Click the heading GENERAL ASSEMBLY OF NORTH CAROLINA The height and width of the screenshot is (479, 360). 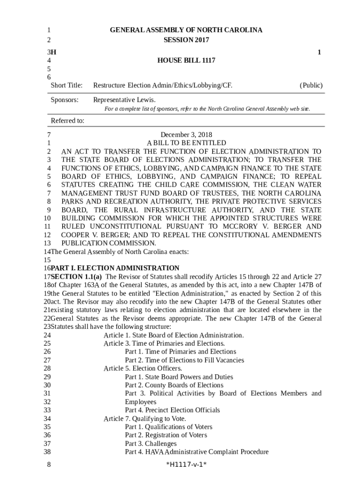pyautogui.click(x=186, y=30)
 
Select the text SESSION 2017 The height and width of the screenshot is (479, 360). pyautogui.click(x=186, y=40)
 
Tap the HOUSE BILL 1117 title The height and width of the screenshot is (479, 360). pyautogui.click(x=186, y=61)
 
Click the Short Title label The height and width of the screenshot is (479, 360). pyautogui.click(x=66, y=85)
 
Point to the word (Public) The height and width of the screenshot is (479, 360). pyautogui.click(x=311, y=85)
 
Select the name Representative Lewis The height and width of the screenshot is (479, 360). pyautogui.click(x=124, y=100)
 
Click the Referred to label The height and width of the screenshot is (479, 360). pyautogui.click(x=67, y=121)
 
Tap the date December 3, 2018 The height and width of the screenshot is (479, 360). pyautogui.click(x=186, y=135)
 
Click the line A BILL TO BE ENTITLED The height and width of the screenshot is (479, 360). pyautogui.click(x=186, y=143)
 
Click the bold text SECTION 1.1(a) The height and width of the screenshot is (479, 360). pyautogui.click(x=76, y=276)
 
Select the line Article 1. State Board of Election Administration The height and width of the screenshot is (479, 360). pyautogui.click(x=173, y=335)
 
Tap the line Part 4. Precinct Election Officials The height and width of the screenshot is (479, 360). pyautogui.click(x=172, y=410)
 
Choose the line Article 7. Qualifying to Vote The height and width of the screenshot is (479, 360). pyautogui.click(x=144, y=418)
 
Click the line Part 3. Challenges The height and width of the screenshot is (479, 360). pyautogui.click(x=151, y=443)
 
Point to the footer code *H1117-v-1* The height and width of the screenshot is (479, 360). pyautogui.click(x=186, y=464)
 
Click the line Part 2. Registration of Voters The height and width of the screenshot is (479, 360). pyautogui.click(x=166, y=435)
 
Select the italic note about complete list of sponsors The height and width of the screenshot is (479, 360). pyautogui.click(x=207, y=109)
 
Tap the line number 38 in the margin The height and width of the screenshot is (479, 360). pyautogui.click(x=47, y=452)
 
